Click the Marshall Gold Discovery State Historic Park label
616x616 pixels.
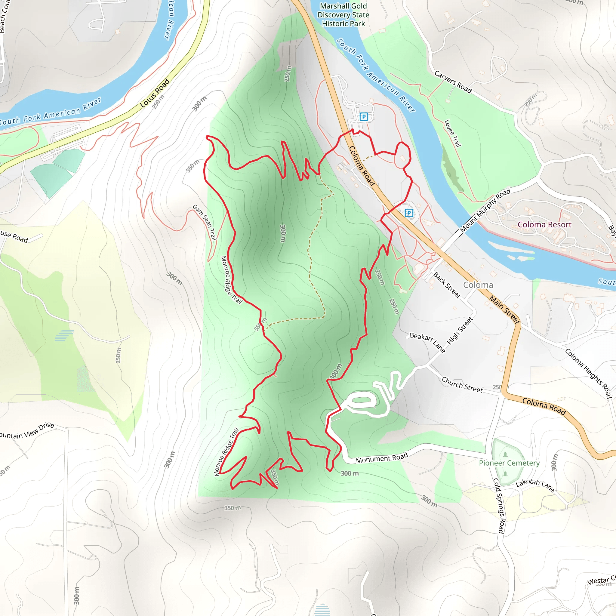(x=343, y=15)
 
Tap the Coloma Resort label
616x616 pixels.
(x=544, y=224)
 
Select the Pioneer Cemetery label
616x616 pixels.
(x=509, y=463)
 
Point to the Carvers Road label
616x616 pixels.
(x=453, y=82)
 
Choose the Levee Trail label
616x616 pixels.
(x=453, y=133)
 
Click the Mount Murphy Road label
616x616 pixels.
(x=485, y=211)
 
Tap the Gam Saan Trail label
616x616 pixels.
(x=205, y=222)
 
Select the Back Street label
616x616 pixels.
(x=447, y=285)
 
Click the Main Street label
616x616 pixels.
(x=504, y=310)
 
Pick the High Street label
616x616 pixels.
(x=460, y=331)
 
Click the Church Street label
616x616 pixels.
(x=462, y=384)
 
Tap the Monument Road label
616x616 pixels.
(x=382, y=458)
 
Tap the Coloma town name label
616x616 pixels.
(x=478, y=285)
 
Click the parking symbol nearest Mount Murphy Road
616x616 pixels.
(x=409, y=213)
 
